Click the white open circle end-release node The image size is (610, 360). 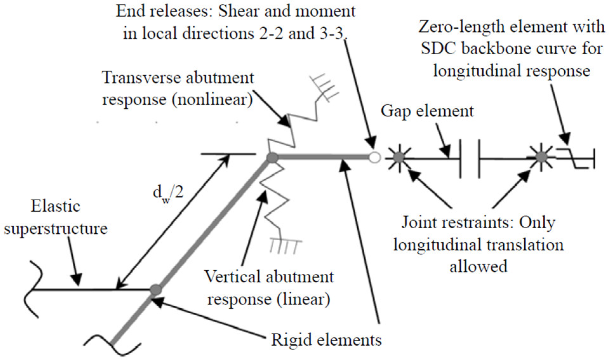click(x=375, y=157)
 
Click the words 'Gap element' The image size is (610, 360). click(x=427, y=111)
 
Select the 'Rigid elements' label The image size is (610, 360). click(x=326, y=340)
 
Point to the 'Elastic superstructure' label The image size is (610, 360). click(x=56, y=217)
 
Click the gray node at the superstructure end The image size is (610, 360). click(x=156, y=290)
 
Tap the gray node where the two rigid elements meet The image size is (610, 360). click(x=272, y=157)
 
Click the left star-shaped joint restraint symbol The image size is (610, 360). click(x=399, y=157)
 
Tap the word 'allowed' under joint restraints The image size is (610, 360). click(x=478, y=266)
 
